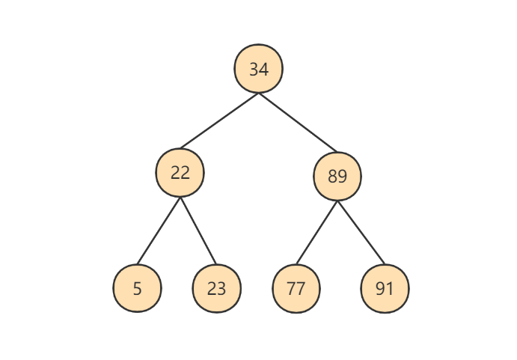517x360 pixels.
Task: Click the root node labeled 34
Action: point(259,69)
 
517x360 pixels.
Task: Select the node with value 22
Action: point(180,173)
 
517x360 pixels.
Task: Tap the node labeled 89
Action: point(337,176)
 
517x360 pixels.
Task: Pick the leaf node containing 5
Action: point(137,288)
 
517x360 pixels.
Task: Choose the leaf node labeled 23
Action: point(217,288)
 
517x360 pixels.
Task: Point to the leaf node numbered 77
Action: point(296,288)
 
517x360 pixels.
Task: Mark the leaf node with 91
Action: point(385,288)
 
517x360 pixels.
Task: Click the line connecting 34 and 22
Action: point(219,120)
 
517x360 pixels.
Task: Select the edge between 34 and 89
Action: point(298,123)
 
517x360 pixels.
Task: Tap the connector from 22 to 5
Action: point(159,231)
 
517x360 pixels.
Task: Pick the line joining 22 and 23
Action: point(198,231)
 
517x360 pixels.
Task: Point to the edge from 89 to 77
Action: point(317,233)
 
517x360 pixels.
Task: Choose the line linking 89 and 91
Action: point(361,233)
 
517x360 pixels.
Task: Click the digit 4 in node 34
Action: point(264,70)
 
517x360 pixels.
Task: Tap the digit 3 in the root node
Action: point(254,70)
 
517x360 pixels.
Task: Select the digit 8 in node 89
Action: point(332,177)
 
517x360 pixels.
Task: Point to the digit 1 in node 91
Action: point(389,289)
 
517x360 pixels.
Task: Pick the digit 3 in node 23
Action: point(221,289)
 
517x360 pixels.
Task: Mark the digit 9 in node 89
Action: point(342,177)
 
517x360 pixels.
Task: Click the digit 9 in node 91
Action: point(380,289)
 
